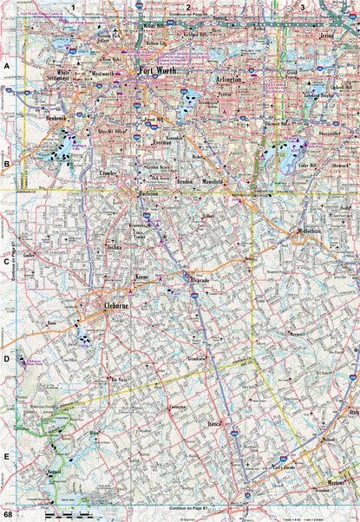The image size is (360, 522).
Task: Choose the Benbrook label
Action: pos(58,118)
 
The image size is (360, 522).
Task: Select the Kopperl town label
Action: pos(54,472)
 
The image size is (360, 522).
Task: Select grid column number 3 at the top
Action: pos(302,7)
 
